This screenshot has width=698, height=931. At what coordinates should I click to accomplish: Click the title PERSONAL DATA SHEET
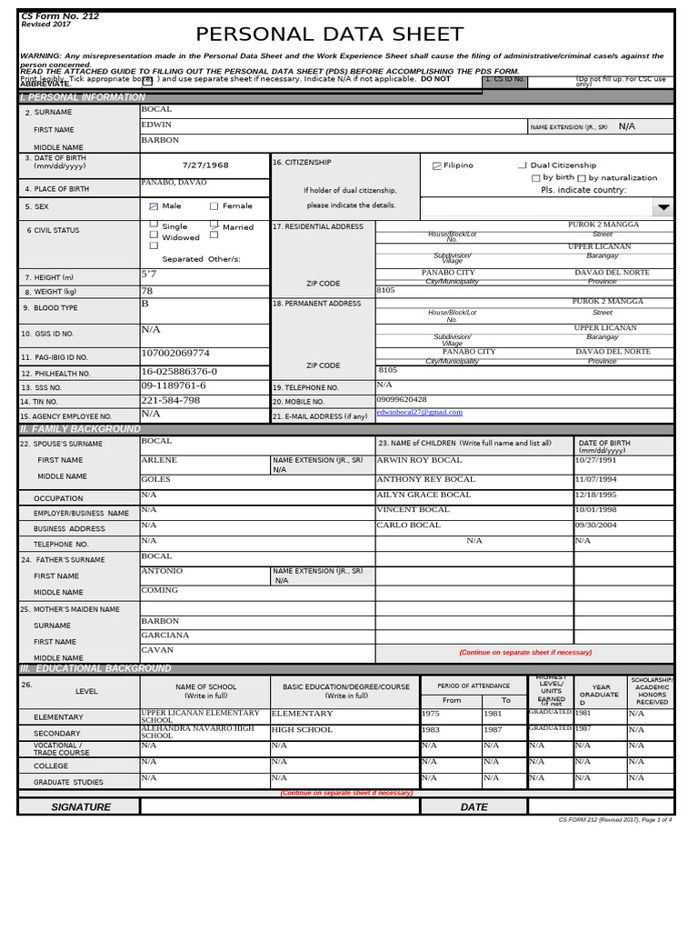click(x=330, y=35)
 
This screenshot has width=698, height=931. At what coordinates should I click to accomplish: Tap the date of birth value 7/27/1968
click(x=205, y=165)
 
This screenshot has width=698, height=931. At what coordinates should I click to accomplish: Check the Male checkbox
click(x=154, y=206)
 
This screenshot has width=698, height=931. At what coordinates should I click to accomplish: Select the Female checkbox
click(x=214, y=206)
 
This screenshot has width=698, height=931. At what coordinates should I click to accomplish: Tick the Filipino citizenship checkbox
click(x=437, y=165)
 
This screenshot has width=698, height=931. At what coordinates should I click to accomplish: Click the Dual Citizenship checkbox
click(x=522, y=165)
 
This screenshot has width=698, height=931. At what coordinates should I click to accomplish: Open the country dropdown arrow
click(x=663, y=207)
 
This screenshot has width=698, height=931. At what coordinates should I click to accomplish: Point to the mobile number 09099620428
click(x=401, y=399)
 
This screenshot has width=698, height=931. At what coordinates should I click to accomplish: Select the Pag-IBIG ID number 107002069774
click(x=175, y=353)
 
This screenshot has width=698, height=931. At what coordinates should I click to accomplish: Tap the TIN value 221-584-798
click(x=170, y=400)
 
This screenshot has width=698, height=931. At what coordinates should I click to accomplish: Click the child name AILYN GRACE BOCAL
click(x=424, y=495)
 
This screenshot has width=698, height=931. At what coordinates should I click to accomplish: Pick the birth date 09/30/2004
click(x=596, y=525)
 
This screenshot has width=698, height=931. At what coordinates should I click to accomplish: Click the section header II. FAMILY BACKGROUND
click(x=81, y=429)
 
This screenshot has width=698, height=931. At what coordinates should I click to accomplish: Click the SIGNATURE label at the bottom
click(x=81, y=807)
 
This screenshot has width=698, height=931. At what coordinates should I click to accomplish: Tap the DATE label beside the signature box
click(x=474, y=807)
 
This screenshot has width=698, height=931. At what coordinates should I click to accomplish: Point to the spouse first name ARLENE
click(x=159, y=460)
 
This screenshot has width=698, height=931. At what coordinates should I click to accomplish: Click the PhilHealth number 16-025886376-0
click(x=179, y=372)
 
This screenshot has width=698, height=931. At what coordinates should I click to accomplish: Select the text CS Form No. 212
click(x=60, y=16)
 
